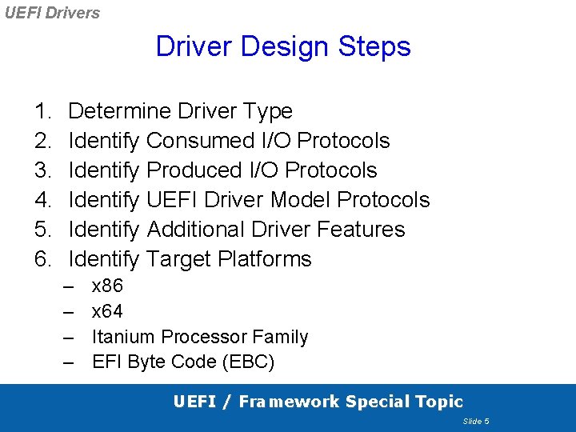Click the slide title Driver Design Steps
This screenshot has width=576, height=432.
pos(283,46)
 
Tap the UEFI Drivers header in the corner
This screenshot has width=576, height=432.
pos(52,13)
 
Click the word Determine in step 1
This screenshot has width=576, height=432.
pos(120,111)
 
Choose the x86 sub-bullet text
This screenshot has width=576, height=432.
pos(108,286)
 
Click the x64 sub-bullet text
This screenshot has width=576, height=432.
pos(108,311)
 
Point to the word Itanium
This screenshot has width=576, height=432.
pos(124,337)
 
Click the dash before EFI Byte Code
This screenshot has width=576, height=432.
pos(70,362)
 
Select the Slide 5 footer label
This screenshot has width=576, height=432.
pos(475,422)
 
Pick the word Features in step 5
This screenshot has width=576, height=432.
pos(361,230)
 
